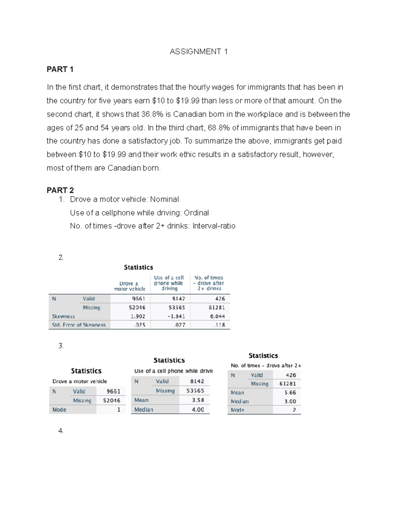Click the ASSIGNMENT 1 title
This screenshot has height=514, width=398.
tap(198, 52)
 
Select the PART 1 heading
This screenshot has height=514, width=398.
tap(60, 69)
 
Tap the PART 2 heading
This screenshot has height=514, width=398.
tap(60, 190)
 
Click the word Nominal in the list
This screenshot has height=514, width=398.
tap(164, 199)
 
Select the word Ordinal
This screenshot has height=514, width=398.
tap(196, 213)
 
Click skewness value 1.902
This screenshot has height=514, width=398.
tap(137, 316)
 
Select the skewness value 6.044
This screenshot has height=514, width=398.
tap(217, 316)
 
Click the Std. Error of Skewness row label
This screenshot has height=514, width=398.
tap(79, 325)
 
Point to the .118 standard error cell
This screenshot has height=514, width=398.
tap(219, 325)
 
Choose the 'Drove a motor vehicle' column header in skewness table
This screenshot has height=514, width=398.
tap(129, 286)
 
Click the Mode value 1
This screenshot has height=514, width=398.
tap(118, 410)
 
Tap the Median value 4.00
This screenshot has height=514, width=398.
tap(198, 410)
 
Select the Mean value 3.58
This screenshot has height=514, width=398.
tap(198, 400)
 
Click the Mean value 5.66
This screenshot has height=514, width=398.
tap(290, 393)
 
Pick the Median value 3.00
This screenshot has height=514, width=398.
tap(290, 401)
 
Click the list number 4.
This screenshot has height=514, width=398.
tap(61, 431)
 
